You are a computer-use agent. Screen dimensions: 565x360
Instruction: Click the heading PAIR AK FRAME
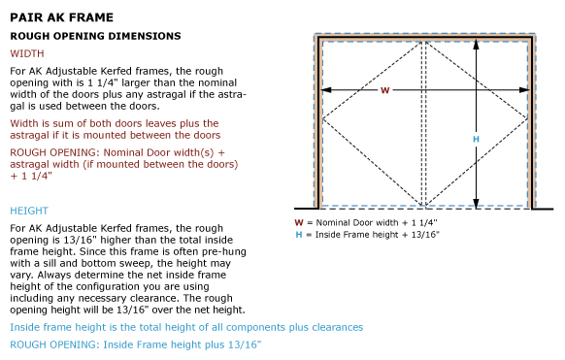[x=61, y=17]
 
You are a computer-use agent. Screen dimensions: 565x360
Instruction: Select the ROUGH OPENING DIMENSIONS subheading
[x=95, y=36]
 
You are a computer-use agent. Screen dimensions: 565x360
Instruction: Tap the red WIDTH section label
[x=27, y=53]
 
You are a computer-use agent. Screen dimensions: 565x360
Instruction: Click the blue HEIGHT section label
[x=29, y=211]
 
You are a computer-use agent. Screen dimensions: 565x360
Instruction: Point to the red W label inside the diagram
[x=384, y=90]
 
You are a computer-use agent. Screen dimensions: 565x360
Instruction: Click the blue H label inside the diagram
[x=476, y=139]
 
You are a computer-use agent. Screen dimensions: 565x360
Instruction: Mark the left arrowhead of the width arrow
[x=326, y=89]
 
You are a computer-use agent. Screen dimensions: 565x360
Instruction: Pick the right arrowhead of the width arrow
[x=524, y=89]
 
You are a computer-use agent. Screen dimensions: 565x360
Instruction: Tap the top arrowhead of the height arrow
[x=476, y=45]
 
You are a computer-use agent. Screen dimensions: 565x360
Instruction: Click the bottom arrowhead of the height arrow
[x=476, y=204]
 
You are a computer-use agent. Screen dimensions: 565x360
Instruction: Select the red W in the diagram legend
[x=299, y=223]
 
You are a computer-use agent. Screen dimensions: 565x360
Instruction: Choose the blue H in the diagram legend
[x=299, y=235]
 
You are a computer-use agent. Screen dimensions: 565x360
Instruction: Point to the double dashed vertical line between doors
[x=424, y=124]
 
